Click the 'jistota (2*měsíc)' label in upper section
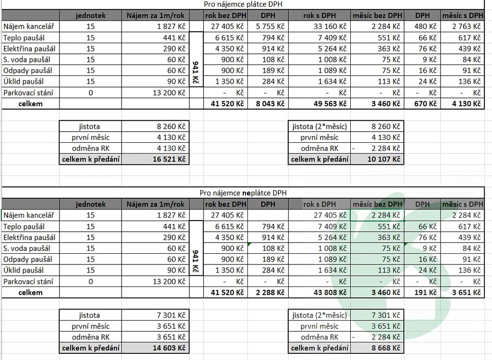[320, 126]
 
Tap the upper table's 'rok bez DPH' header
[225, 15]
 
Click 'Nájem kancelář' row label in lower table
[29, 215]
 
